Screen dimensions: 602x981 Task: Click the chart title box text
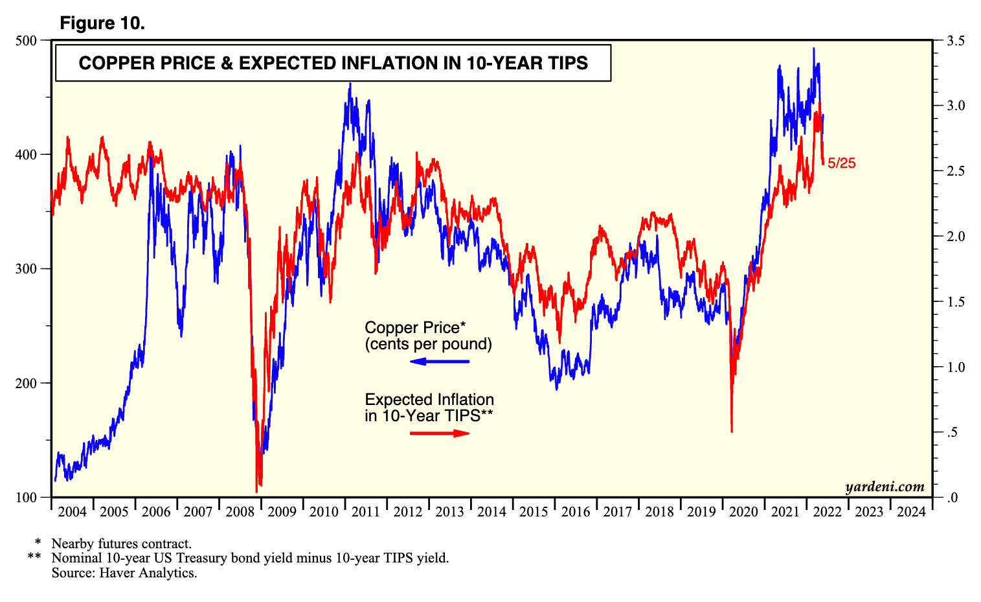(333, 63)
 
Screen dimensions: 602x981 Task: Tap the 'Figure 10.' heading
(102, 23)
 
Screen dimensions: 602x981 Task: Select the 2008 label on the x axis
(240, 512)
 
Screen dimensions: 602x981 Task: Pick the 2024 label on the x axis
(911, 512)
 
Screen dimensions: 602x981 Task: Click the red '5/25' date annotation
(841, 163)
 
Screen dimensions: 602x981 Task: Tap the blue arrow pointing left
(440, 362)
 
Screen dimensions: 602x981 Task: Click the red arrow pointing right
(440, 433)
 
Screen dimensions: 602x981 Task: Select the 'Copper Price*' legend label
(415, 327)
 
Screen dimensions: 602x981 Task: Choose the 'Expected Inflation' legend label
(429, 400)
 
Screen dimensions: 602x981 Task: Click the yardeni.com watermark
(885, 487)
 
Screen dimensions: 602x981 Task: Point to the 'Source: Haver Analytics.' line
(124, 573)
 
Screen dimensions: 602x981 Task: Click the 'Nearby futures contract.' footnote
(121, 544)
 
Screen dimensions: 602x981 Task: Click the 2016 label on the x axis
(576, 512)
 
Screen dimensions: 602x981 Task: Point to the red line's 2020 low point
(732, 432)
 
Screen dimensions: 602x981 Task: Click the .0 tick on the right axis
(952, 498)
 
